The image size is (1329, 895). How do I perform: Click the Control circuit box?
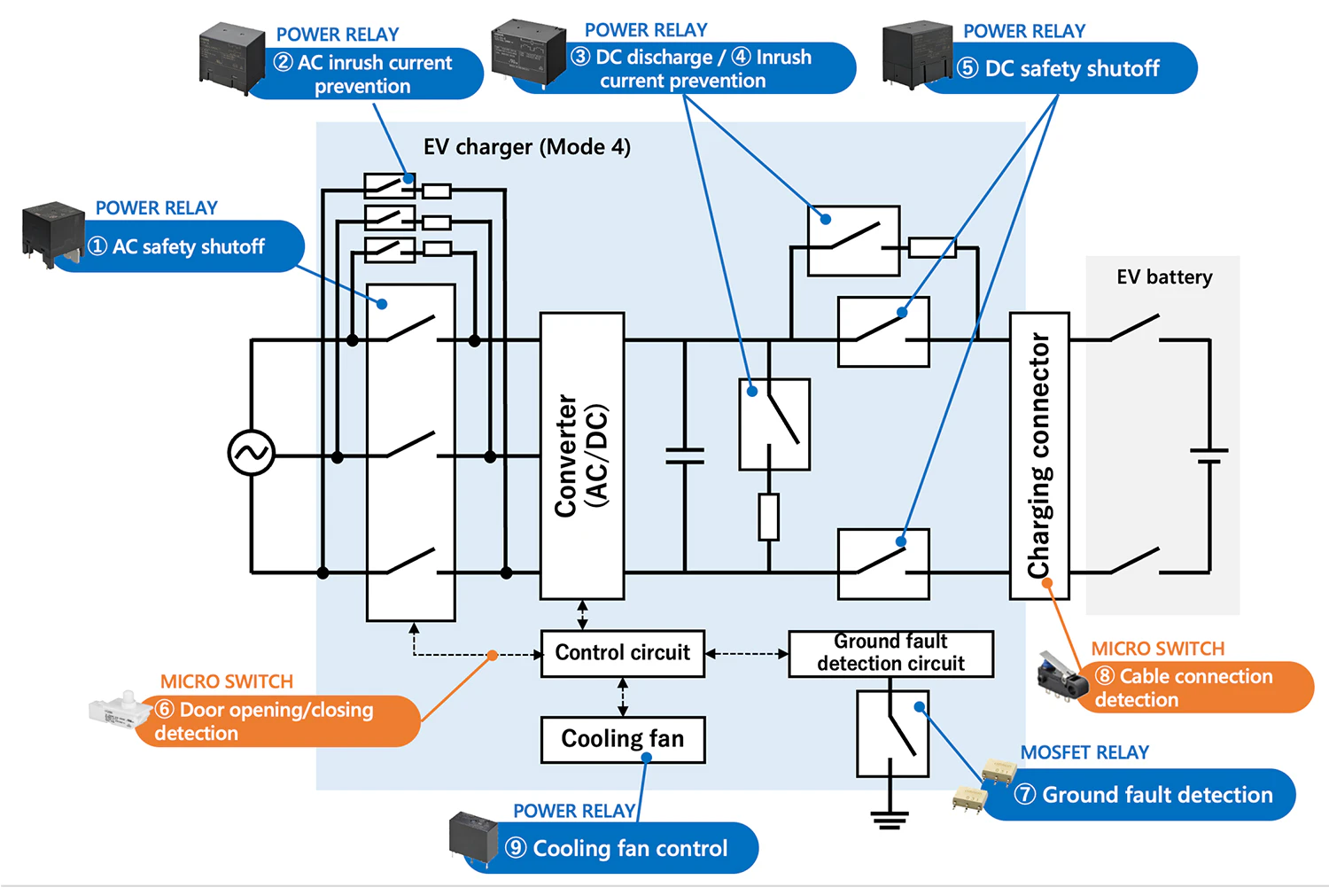coord(622,653)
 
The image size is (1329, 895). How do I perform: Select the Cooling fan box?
coord(622,739)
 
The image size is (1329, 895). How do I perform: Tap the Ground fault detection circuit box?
coord(890,653)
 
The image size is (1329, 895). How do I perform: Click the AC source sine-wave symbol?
coord(251,453)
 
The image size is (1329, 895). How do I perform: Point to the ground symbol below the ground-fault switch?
coord(890,819)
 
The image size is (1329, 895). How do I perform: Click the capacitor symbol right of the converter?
coord(685,455)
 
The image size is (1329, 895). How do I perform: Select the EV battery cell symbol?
coord(1209,455)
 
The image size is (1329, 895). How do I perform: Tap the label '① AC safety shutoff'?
coord(188,246)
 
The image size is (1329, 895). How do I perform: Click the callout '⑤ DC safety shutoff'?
coord(1071,68)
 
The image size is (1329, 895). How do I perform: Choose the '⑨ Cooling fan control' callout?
coord(629,848)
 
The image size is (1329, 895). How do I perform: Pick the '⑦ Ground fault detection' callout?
coord(1156,795)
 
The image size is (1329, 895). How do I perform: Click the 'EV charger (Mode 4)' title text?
coord(526,147)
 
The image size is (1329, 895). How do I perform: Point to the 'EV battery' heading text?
coord(1164,277)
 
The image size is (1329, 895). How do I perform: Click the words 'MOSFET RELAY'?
coord(1084,752)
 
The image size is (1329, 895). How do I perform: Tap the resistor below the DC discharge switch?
coord(768,518)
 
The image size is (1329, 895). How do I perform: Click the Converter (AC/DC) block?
coord(582,455)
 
